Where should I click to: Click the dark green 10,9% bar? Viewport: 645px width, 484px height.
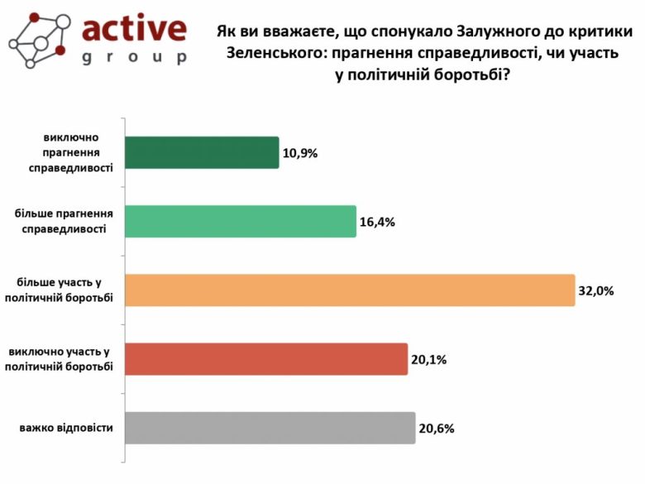click(202, 152)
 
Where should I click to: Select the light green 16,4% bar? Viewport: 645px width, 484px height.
click(240, 221)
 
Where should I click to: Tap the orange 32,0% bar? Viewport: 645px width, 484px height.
click(349, 290)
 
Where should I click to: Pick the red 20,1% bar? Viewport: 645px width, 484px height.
click(265, 358)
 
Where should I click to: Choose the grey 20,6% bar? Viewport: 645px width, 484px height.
click(269, 428)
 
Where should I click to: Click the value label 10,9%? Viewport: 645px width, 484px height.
click(300, 153)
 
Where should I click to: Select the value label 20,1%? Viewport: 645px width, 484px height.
click(429, 360)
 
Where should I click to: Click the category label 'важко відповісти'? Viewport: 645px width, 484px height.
click(66, 428)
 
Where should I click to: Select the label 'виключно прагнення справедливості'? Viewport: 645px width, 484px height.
click(74, 152)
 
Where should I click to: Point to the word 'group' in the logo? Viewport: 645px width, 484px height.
click(135, 57)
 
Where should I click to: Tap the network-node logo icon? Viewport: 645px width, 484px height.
click(36, 39)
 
